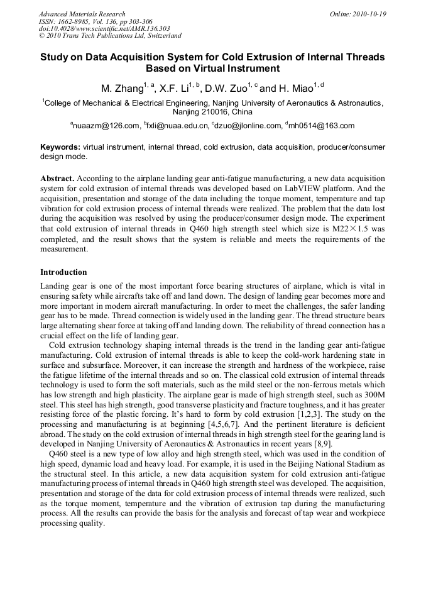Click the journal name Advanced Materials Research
[82, 14]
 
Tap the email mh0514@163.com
[322, 126]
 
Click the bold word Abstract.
[57, 179]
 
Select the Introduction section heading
[63, 272]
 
